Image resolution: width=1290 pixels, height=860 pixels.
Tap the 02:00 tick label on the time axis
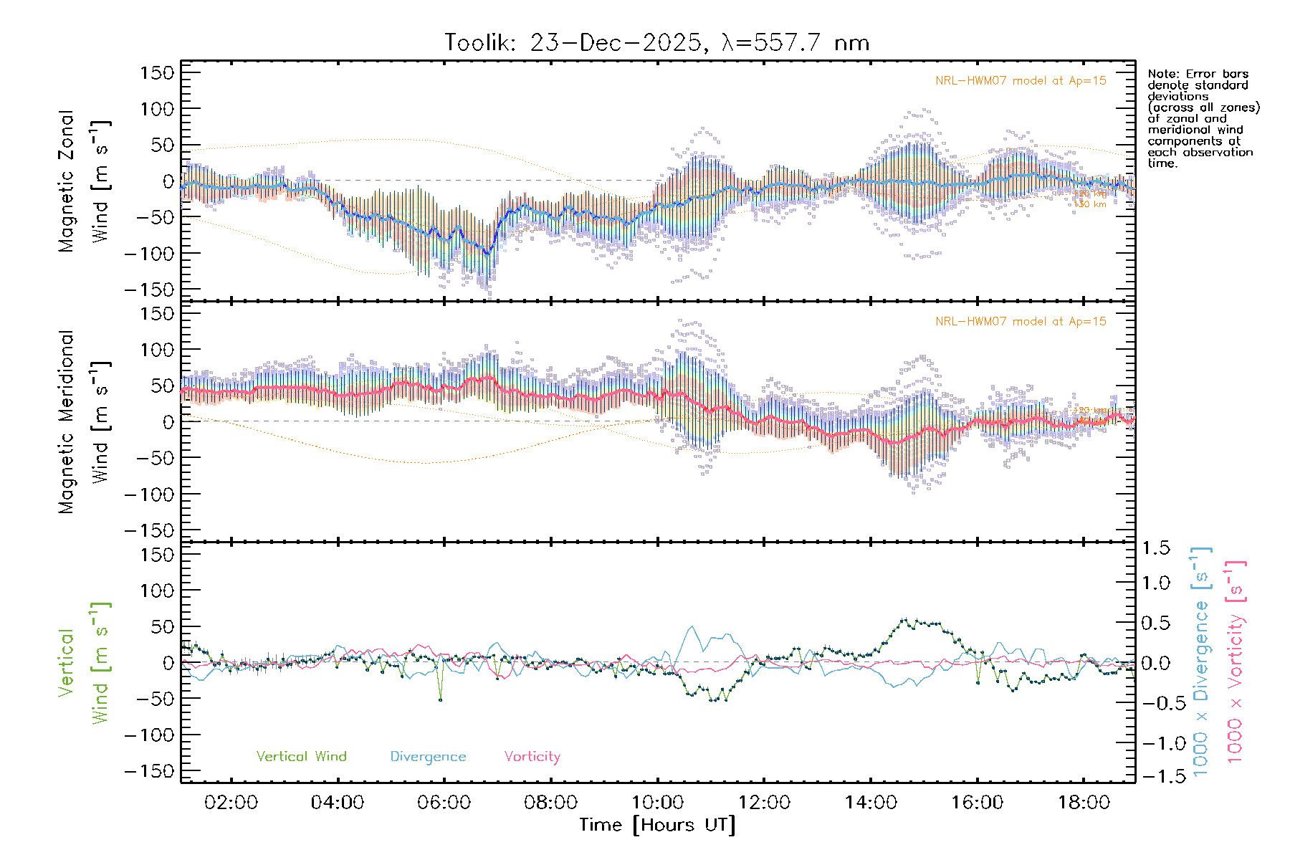click(231, 803)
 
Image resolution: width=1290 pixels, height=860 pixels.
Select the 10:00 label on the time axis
click(657, 803)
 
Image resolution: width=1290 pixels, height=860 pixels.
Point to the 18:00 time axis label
click(1084, 803)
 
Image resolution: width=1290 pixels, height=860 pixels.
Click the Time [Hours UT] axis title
click(657, 826)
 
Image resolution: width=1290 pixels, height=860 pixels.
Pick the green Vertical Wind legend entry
click(301, 757)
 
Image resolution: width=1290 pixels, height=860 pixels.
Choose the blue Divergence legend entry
click(428, 757)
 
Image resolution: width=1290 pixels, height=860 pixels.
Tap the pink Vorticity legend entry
click(532, 757)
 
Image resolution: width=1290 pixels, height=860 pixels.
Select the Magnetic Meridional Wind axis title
click(85, 421)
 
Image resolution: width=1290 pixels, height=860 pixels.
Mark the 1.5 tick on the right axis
click(1155, 548)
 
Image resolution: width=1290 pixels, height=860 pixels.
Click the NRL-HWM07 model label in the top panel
click(1021, 81)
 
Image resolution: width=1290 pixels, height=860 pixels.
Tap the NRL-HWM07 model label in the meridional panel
click(1021, 322)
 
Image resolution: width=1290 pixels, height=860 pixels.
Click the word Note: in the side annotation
click(1161, 74)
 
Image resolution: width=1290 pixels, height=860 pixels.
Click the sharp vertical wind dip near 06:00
click(440, 699)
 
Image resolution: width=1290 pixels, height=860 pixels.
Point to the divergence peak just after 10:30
click(692, 627)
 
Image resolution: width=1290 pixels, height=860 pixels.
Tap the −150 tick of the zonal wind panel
click(149, 290)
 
